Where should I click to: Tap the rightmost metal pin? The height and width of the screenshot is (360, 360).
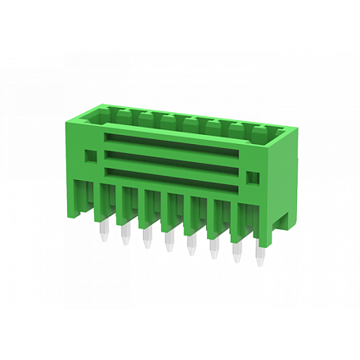(x=260, y=254)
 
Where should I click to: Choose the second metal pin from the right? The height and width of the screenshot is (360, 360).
(x=237, y=251)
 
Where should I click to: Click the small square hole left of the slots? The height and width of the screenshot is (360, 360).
(x=92, y=153)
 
